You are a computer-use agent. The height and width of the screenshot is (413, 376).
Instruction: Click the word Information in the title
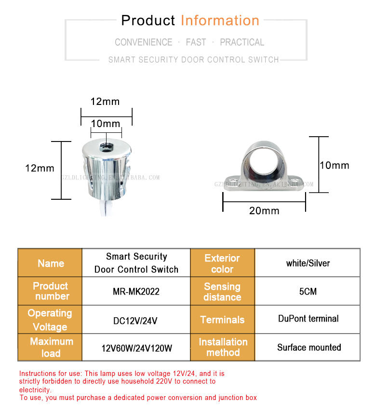tap(220, 21)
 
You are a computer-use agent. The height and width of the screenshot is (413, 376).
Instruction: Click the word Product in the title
tap(148, 21)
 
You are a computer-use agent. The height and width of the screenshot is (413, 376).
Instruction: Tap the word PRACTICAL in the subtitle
tap(242, 42)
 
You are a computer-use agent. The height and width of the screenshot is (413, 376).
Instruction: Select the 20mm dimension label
tap(264, 210)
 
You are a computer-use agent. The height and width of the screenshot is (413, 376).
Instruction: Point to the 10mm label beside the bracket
tap(334, 166)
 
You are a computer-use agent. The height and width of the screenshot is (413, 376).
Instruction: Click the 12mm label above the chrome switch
tap(105, 102)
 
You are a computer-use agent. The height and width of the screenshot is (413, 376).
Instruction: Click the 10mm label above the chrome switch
tap(105, 124)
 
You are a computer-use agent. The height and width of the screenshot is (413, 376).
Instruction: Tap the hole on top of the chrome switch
tap(106, 144)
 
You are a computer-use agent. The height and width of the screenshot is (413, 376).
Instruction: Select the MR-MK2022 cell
tap(136, 292)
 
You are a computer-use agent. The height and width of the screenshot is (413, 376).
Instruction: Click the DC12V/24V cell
tap(136, 320)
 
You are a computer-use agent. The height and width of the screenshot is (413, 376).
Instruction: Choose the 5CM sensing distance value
tap(307, 292)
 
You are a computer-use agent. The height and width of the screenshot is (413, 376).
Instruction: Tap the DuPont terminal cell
tap(308, 319)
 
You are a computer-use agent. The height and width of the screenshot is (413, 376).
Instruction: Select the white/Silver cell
tap(308, 263)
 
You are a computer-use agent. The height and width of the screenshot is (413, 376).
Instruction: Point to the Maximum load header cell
tap(51, 347)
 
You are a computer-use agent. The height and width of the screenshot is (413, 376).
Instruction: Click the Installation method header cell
tap(223, 347)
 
